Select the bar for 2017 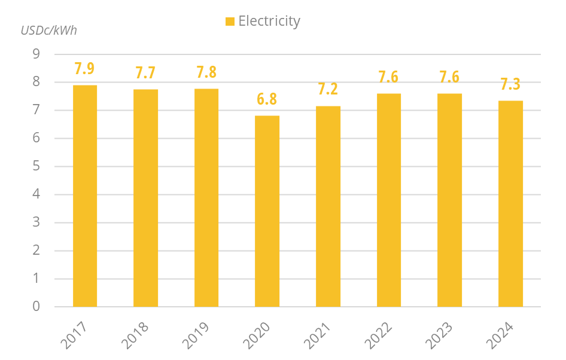click(x=85, y=196)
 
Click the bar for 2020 click(x=267, y=211)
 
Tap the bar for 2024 click(x=510, y=204)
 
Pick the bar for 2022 click(x=389, y=200)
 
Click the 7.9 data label click(x=84, y=69)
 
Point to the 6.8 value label click(x=267, y=99)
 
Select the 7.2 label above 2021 click(x=328, y=90)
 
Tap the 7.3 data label click(x=510, y=84)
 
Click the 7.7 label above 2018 click(x=145, y=73)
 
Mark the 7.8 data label click(x=206, y=72)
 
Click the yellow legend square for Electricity click(x=230, y=22)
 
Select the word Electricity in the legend click(x=269, y=21)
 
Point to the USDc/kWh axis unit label click(x=49, y=30)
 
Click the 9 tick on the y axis click(x=36, y=54)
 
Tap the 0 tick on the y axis click(x=36, y=307)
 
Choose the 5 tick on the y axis click(x=36, y=167)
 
